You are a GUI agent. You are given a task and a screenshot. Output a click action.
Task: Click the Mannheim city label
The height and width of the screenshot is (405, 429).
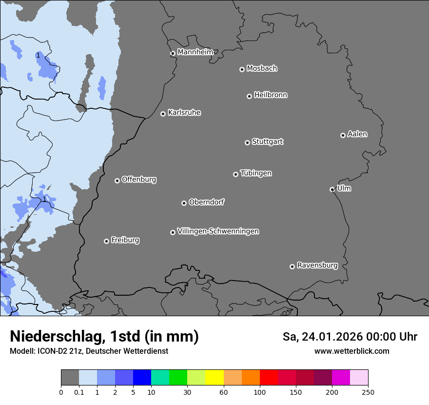coord(195,52)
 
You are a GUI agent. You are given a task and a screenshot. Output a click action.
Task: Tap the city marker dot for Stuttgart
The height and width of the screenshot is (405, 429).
coord(247,142)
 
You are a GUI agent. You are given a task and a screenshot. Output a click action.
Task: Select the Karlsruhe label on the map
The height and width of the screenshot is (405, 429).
coord(184,113)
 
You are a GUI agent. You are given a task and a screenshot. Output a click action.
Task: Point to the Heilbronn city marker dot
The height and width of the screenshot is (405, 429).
coord(249,96)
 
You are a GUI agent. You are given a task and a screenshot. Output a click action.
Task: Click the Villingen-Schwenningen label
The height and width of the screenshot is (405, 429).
coord(218,231)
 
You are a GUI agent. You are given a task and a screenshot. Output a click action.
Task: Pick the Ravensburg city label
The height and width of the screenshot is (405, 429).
coord(317,265)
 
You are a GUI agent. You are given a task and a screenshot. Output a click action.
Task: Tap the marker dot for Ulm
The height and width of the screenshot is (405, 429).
coord(332,189)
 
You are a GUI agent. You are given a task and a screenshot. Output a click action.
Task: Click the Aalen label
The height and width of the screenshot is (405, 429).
coord(357,134)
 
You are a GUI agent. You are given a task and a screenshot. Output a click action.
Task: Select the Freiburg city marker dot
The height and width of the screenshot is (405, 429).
coord(106,241)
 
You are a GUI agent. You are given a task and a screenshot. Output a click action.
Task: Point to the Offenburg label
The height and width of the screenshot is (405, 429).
coord(138,180)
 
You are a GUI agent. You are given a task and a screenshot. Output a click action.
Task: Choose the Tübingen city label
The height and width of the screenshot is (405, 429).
coord(255,173)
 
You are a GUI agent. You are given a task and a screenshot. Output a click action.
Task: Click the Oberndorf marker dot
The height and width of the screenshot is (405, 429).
coord(184,203)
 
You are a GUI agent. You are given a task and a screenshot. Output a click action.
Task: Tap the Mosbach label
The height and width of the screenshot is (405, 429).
coord(261,69)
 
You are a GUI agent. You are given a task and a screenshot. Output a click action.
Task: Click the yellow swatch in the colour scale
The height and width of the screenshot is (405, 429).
coord(214,378)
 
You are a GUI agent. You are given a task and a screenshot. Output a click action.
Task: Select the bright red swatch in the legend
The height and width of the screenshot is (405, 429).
coord(269,378)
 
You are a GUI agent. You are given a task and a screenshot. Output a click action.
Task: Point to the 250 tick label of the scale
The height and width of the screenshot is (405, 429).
coord(368,392)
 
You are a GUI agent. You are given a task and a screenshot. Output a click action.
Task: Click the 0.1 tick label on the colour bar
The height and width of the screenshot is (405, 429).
coord(79,392)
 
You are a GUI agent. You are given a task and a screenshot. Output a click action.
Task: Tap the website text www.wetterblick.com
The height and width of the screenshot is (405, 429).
coord(351,351)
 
